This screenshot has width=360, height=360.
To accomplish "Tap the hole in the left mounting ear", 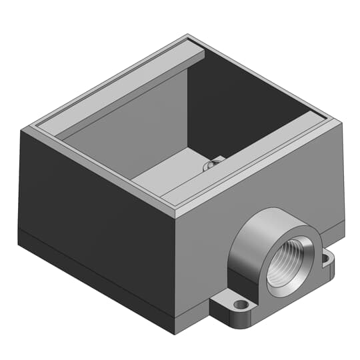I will coord(242,305).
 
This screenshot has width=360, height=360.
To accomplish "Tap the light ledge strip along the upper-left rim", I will coord(113,87).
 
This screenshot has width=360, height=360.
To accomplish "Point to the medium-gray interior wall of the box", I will coord(120,140).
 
